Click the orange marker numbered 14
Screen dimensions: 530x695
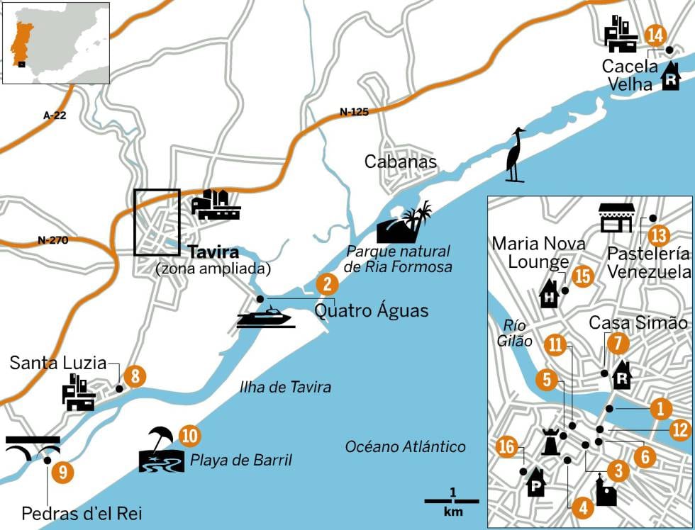656,35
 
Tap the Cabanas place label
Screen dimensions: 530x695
400,162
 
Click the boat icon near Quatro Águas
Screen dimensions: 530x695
265,317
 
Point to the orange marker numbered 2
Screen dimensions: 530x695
326,285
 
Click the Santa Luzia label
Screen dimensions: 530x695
57,363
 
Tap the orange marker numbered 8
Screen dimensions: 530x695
135,376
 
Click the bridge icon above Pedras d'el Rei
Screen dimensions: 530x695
33,448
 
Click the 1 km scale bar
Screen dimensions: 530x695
452,501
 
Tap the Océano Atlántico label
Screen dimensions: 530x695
405,446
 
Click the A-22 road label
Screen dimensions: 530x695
50,114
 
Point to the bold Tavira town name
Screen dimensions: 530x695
213,252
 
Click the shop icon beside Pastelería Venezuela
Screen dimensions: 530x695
616,218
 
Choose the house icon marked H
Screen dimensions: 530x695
550,293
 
